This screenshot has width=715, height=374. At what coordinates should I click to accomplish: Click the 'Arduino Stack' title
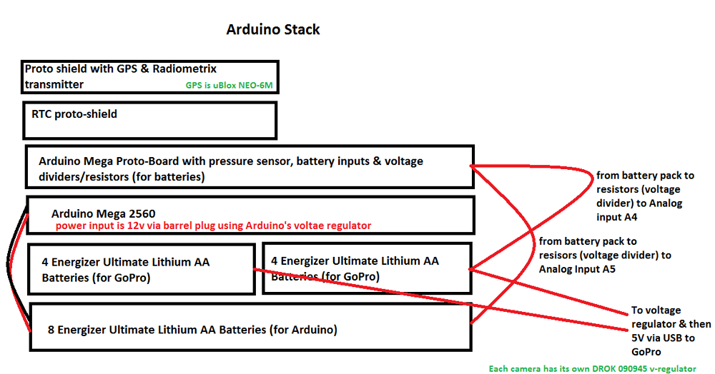(x=272, y=30)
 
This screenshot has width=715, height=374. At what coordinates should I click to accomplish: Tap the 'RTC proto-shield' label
(x=74, y=113)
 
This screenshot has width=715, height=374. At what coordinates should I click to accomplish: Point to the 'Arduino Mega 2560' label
(x=104, y=213)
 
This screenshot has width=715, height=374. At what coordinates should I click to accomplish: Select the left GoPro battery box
(x=141, y=269)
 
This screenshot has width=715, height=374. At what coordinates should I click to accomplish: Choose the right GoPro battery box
(x=367, y=268)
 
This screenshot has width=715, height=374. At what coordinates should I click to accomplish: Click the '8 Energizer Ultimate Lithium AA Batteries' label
(x=192, y=330)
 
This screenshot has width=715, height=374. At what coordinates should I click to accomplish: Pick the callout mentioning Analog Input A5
(x=605, y=255)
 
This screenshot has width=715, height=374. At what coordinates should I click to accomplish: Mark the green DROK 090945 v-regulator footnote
(x=592, y=368)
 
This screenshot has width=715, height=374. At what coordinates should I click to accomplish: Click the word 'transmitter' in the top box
(x=54, y=84)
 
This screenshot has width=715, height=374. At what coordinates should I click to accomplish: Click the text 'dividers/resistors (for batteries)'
(x=122, y=176)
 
